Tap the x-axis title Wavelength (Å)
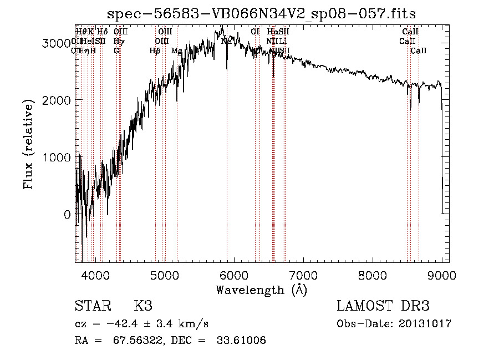(261, 290)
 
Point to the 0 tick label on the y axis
(67, 215)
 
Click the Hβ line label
(155, 51)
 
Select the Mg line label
(177, 51)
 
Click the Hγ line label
(118, 41)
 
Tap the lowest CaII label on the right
(419, 51)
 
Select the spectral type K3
(143, 306)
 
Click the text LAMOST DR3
(383, 306)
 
